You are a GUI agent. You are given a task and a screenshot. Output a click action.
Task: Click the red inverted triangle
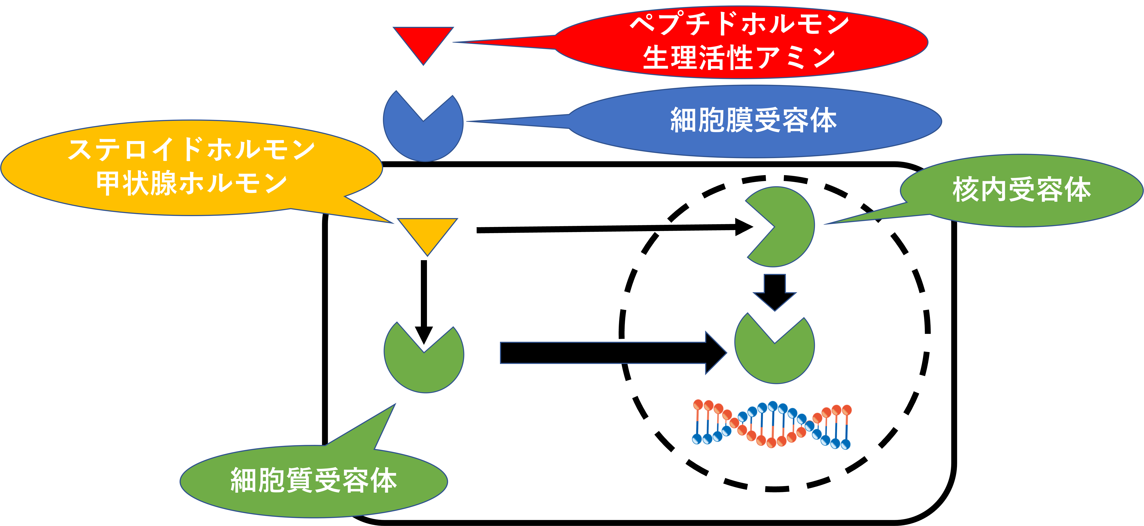pos(423,42)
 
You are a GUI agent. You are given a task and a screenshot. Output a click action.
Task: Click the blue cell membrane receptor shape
pos(423,133)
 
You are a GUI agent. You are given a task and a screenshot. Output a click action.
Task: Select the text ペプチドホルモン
pos(739,24)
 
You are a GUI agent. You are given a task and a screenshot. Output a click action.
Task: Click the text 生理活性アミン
pos(739,58)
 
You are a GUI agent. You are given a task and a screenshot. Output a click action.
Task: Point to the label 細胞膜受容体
pos(754,121)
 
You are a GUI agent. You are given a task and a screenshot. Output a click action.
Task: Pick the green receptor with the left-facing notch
pos(786,227)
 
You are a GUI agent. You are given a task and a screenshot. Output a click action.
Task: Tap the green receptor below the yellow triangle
pos(424,364)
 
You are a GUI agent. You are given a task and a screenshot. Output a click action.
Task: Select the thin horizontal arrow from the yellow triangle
pos(613,229)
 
